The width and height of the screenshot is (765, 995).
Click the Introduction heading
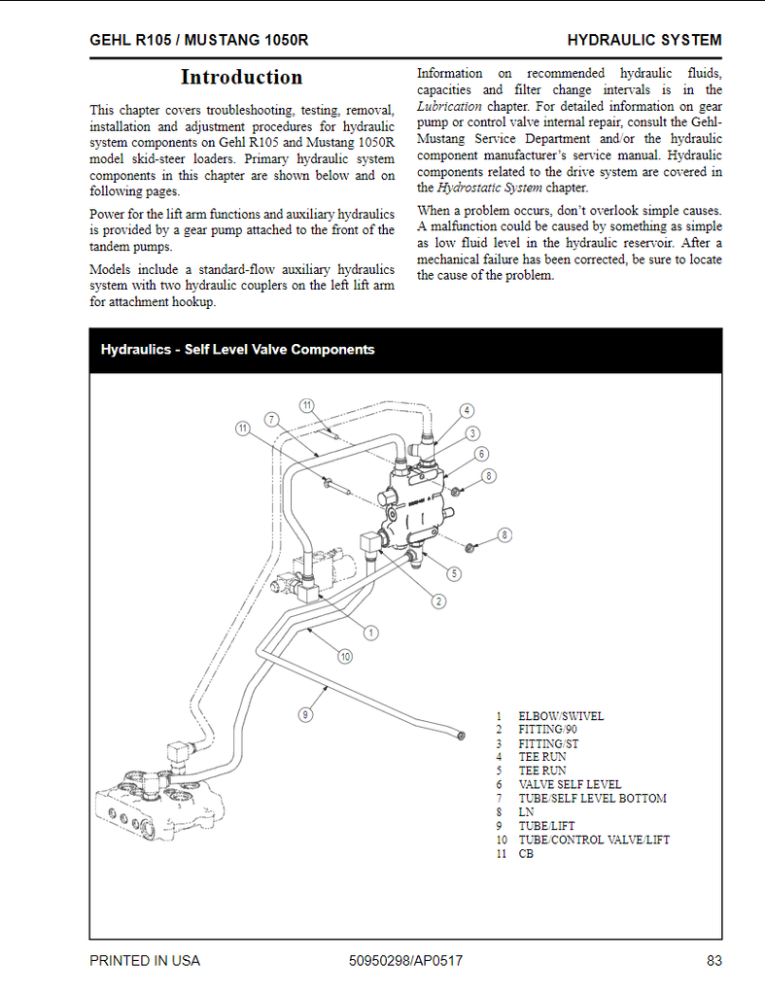241,77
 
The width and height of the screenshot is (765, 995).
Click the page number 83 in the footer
713,961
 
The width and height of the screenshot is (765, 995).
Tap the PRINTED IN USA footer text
145,961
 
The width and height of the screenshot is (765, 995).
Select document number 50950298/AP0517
405,961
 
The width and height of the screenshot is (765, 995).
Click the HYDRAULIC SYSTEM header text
643,40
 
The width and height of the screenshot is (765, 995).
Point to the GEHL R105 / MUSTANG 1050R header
200,40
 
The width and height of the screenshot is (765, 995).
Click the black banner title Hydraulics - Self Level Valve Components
237,350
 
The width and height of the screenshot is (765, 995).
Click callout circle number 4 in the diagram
467,411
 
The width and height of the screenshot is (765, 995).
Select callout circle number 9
305,714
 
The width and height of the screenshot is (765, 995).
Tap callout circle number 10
344,657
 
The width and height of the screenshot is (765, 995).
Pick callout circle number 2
439,601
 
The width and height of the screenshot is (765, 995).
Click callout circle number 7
272,419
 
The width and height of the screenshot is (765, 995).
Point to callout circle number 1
370,633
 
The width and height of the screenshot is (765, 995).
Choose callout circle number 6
481,454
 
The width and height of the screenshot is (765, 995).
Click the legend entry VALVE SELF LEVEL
570,784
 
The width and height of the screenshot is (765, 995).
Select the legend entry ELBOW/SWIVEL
561,716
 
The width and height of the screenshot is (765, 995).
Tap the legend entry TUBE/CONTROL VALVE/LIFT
594,840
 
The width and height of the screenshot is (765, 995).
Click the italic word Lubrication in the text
449,106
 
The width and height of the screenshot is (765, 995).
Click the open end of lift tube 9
461,737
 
